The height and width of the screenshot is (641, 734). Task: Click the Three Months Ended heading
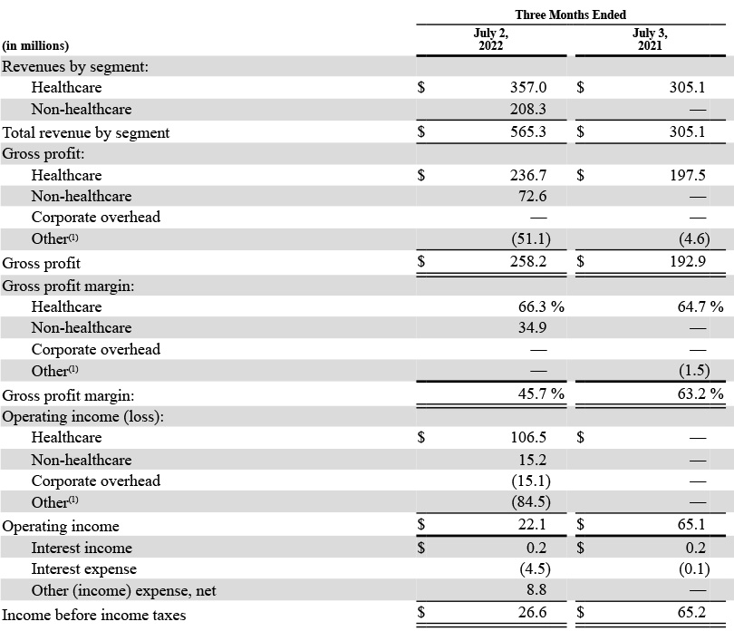571,15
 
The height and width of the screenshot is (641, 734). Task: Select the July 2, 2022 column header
490,39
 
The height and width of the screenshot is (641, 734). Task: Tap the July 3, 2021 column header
650,39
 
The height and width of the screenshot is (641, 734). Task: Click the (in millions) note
35,46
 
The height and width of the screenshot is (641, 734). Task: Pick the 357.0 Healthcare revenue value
528,87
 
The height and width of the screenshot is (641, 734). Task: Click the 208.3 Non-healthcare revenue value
528,109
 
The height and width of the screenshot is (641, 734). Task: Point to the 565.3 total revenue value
528,131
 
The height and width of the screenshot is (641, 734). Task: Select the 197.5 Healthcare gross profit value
687,175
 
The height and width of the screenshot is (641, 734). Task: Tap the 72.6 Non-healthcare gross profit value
532,196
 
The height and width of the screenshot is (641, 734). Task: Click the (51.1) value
531,238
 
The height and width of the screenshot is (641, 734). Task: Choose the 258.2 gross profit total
528,261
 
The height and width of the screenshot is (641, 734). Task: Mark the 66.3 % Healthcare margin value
541,306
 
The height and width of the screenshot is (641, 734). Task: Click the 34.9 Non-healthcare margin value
532,328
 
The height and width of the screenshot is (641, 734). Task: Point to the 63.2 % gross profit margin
700,393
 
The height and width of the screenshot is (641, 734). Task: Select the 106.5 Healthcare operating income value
528,437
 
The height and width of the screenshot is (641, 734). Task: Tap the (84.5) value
531,502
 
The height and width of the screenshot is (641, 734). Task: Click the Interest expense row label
83,568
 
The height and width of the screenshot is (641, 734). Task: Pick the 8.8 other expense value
536,590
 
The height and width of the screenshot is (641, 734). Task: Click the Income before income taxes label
94,615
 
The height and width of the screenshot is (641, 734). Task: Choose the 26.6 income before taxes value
532,612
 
